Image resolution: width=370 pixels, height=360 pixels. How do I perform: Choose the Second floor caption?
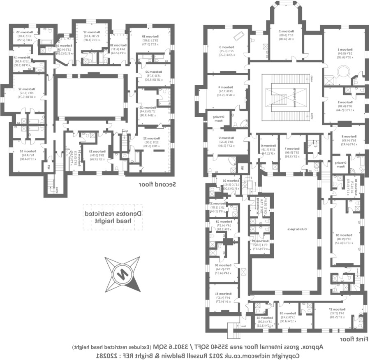(157, 184)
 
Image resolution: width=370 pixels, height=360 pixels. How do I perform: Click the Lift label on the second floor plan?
(50, 157)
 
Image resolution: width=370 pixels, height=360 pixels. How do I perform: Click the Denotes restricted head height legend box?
(113, 217)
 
